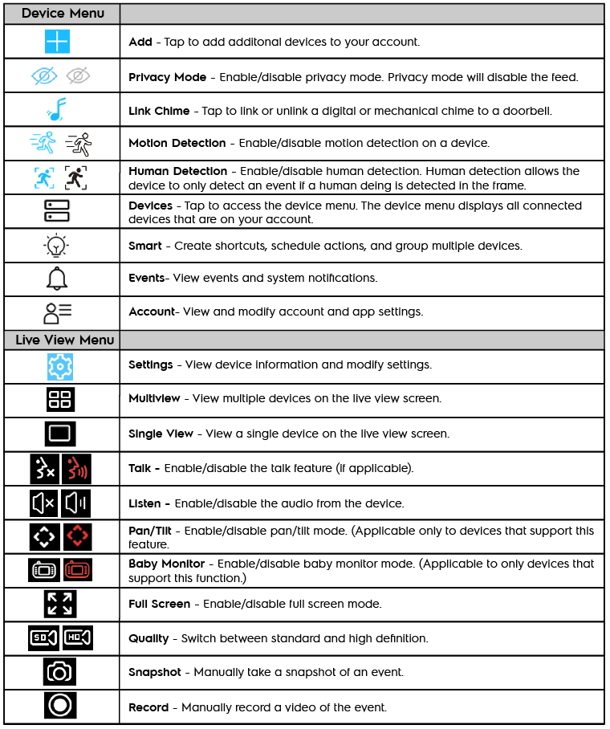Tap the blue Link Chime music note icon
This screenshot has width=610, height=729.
click(58, 109)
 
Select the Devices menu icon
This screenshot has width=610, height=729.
click(58, 211)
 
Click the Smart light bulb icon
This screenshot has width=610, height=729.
click(58, 246)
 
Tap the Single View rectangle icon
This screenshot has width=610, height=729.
click(60, 434)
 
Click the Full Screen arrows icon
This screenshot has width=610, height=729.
click(60, 604)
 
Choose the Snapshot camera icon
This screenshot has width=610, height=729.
click(60, 673)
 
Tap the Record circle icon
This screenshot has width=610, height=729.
click(60, 707)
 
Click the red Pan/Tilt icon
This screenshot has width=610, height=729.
click(78, 536)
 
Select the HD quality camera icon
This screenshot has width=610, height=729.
click(78, 638)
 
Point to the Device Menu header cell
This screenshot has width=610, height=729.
click(61, 14)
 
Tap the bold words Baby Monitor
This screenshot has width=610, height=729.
click(166, 564)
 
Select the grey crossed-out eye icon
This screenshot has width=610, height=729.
click(78, 76)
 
